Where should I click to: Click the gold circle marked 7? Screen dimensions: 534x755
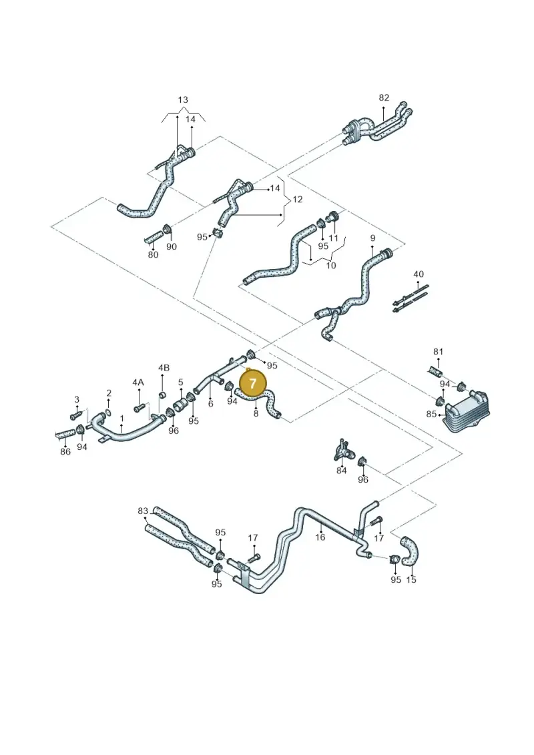[253, 383]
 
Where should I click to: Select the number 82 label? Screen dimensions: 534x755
[384, 97]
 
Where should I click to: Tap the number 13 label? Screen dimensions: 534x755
[183, 100]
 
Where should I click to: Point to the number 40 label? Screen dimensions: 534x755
[419, 274]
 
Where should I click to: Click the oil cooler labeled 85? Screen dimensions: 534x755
[466, 412]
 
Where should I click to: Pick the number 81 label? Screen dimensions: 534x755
[438, 352]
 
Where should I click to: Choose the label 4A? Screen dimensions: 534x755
[138, 383]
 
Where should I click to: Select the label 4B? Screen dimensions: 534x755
[164, 368]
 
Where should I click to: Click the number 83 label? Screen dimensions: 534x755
[143, 511]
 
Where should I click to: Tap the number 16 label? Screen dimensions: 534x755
[320, 537]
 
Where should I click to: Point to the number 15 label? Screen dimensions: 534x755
[411, 579]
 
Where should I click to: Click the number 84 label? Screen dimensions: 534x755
[341, 471]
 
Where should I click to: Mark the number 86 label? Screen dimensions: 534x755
[65, 451]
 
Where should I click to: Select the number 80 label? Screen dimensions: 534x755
[153, 254]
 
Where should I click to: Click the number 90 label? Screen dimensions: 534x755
[172, 246]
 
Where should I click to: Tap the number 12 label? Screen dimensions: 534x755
[298, 199]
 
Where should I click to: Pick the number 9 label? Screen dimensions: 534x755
[372, 238]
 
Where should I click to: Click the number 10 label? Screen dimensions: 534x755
[331, 265]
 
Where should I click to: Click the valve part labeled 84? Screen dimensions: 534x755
[344, 450]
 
